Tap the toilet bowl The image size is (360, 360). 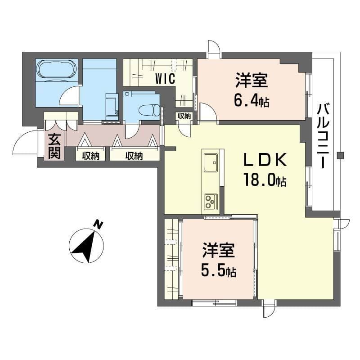[149, 110]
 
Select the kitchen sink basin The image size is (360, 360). [211, 163]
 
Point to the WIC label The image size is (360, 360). [165, 78]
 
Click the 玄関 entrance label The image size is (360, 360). [54, 146]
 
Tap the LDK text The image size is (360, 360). [265, 160]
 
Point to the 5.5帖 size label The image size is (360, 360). [219, 270]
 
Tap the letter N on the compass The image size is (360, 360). [99, 224]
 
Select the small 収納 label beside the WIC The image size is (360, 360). [184, 116]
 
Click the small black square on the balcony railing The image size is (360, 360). [341, 156]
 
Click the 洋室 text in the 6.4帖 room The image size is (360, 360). [252, 80]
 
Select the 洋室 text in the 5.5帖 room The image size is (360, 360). [219, 250]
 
